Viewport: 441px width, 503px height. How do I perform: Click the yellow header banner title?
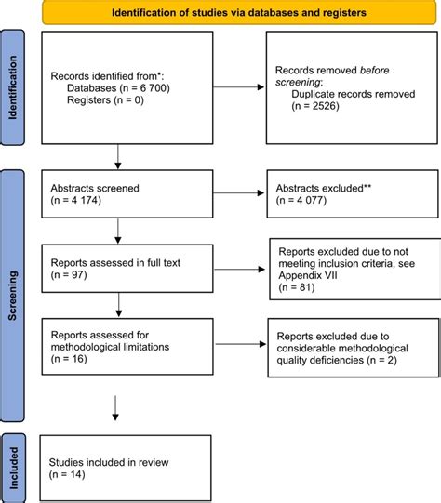239,13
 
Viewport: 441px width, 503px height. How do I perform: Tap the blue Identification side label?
12,87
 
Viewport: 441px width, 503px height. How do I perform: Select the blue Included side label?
13,469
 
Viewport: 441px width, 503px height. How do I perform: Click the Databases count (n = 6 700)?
144,88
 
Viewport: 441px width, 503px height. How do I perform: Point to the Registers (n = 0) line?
105,100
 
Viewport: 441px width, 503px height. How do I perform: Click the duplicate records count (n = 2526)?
315,106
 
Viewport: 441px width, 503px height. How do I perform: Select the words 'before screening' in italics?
332,76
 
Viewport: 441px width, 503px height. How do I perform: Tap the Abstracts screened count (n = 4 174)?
75,200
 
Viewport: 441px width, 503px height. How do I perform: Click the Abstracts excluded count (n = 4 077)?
301,200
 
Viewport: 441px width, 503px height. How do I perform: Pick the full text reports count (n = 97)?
69,275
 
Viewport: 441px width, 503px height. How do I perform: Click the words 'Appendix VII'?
308,275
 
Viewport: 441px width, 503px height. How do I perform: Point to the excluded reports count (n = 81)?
297,287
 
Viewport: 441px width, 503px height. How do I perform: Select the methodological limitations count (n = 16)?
69,359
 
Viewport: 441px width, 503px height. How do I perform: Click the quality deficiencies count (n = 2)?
381,360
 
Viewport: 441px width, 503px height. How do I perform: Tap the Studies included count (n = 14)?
67,474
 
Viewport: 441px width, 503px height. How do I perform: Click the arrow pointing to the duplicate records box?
238,87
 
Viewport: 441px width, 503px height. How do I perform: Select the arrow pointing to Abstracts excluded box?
238,192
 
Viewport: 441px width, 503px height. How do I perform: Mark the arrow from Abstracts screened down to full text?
118,231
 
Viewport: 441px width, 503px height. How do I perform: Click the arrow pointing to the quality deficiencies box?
241,344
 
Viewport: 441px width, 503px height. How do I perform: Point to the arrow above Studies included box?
115,408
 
